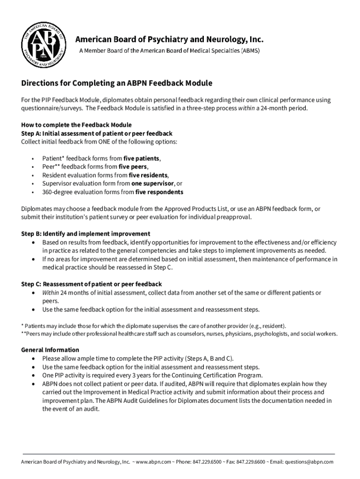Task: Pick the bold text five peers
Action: (x=133, y=167)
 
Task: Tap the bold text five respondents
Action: (x=159, y=192)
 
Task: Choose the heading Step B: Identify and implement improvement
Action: (x=86, y=233)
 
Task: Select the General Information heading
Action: (x=50, y=350)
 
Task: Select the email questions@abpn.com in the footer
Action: (x=309, y=462)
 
